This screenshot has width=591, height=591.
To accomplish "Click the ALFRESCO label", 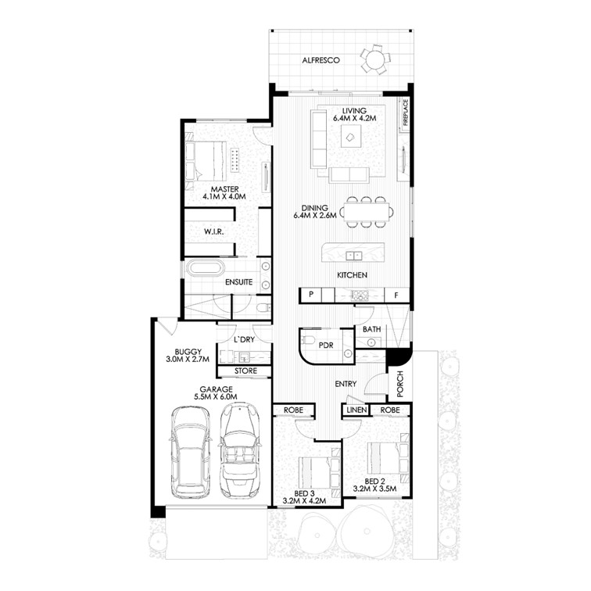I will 321,59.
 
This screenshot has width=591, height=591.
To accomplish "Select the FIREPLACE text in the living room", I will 405,115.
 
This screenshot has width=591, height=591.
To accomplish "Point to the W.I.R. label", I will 215,232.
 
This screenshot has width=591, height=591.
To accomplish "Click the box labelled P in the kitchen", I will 311,295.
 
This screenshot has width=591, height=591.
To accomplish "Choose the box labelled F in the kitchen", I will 397,295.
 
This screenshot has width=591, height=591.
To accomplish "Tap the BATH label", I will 372,330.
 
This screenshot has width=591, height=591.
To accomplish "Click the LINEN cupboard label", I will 356,410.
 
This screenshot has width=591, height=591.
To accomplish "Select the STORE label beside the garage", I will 245,371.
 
